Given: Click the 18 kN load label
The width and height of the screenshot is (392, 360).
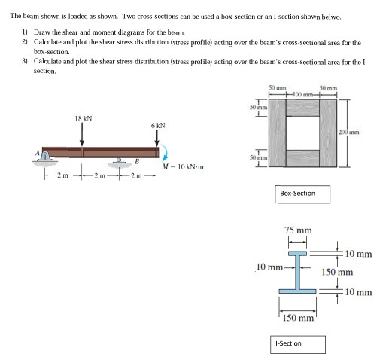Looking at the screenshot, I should [82, 117].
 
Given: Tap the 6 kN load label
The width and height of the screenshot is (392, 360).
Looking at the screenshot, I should [157, 124].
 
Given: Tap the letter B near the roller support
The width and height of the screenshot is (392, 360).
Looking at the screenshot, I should [137, 160].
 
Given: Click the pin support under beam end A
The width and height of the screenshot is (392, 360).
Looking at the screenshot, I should [47, 156].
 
